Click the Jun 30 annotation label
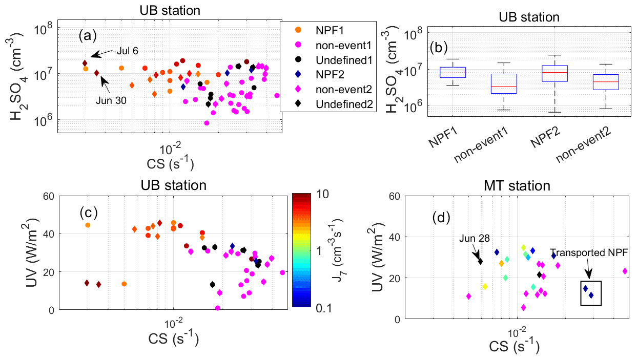point(110,100)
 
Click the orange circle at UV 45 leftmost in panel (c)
point(88,225)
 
